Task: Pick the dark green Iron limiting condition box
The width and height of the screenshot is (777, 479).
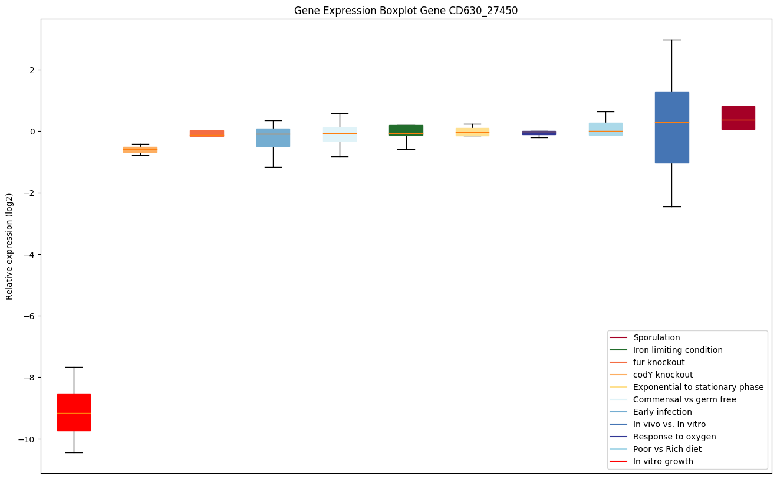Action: pyautogui.click(x=406, y=130)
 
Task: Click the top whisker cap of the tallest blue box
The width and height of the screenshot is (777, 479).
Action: pyautogui.click(x=671, y=40)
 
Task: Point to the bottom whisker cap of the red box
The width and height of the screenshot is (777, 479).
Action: pyautogui.click(x=74, y=452)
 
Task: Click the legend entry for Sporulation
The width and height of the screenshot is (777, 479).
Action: pyautogui.click(x=656, y=337)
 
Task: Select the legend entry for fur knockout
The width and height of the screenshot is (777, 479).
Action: pyautogui.click(x=659, y=362)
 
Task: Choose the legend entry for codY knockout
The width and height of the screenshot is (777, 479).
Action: pyautogui.click(x=663, y=375)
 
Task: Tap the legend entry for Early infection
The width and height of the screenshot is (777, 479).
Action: pyautogui.click(x=662, y=412)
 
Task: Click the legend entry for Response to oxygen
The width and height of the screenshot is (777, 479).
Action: pyautogui.click(x=666, y=437)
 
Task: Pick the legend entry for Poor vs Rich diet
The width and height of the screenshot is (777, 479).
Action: pyautogui.click(x=667, y=449)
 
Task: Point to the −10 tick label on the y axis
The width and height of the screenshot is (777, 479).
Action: pyautogui.click(x=28, y=439)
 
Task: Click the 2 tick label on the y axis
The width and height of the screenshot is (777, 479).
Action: pyautogui.click(x=32, y=70)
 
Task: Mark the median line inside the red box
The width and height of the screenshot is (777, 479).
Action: pyautogui.click(x=74, y=413)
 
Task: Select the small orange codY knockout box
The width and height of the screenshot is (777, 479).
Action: pyautogui.click(x=140, y=150)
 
